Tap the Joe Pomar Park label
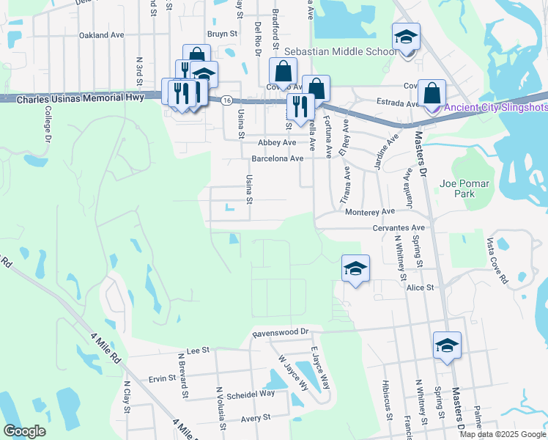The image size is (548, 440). [467, 188]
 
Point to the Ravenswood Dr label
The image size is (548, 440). [281, 332]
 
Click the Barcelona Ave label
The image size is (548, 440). [277, 158]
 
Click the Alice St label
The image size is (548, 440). [421, 287]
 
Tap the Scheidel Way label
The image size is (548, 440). [251, 393]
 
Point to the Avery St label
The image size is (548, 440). [256, 417]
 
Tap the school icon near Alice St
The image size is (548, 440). [355, 269]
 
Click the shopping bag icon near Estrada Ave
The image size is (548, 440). [432, 92]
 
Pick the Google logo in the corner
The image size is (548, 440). [24, 431]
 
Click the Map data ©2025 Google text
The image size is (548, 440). [503, 434]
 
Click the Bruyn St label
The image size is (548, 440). [223, 34]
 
